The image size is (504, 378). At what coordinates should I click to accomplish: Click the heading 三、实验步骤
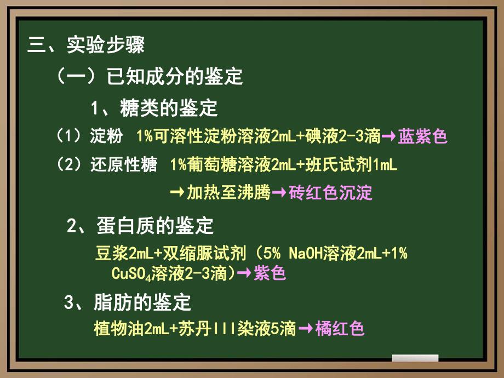tap(86, 45)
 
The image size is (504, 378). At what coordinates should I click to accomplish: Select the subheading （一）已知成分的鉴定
tap(149, 77)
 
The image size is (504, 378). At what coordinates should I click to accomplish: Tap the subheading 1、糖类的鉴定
tap(154, 108)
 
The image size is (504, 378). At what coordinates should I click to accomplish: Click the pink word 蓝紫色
tap(423, 136)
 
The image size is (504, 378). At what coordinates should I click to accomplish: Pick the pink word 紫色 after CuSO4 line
tap(270, 273)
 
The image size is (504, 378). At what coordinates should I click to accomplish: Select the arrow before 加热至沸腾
tap(177, 193)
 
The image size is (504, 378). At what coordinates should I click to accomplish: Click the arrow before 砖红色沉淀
tap(279, 193)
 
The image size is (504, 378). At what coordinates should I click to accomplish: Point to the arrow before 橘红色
tap(306, 329)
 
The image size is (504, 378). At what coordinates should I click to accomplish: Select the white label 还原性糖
tap(124, 165)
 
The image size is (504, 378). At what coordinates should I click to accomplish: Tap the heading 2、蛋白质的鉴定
tap(140, 225)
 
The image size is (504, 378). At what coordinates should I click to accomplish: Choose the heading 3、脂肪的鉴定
tap(128, 302)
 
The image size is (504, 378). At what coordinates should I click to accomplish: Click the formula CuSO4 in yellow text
tap(131, 273)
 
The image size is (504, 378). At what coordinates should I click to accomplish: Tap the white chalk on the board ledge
tap(415, 358)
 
